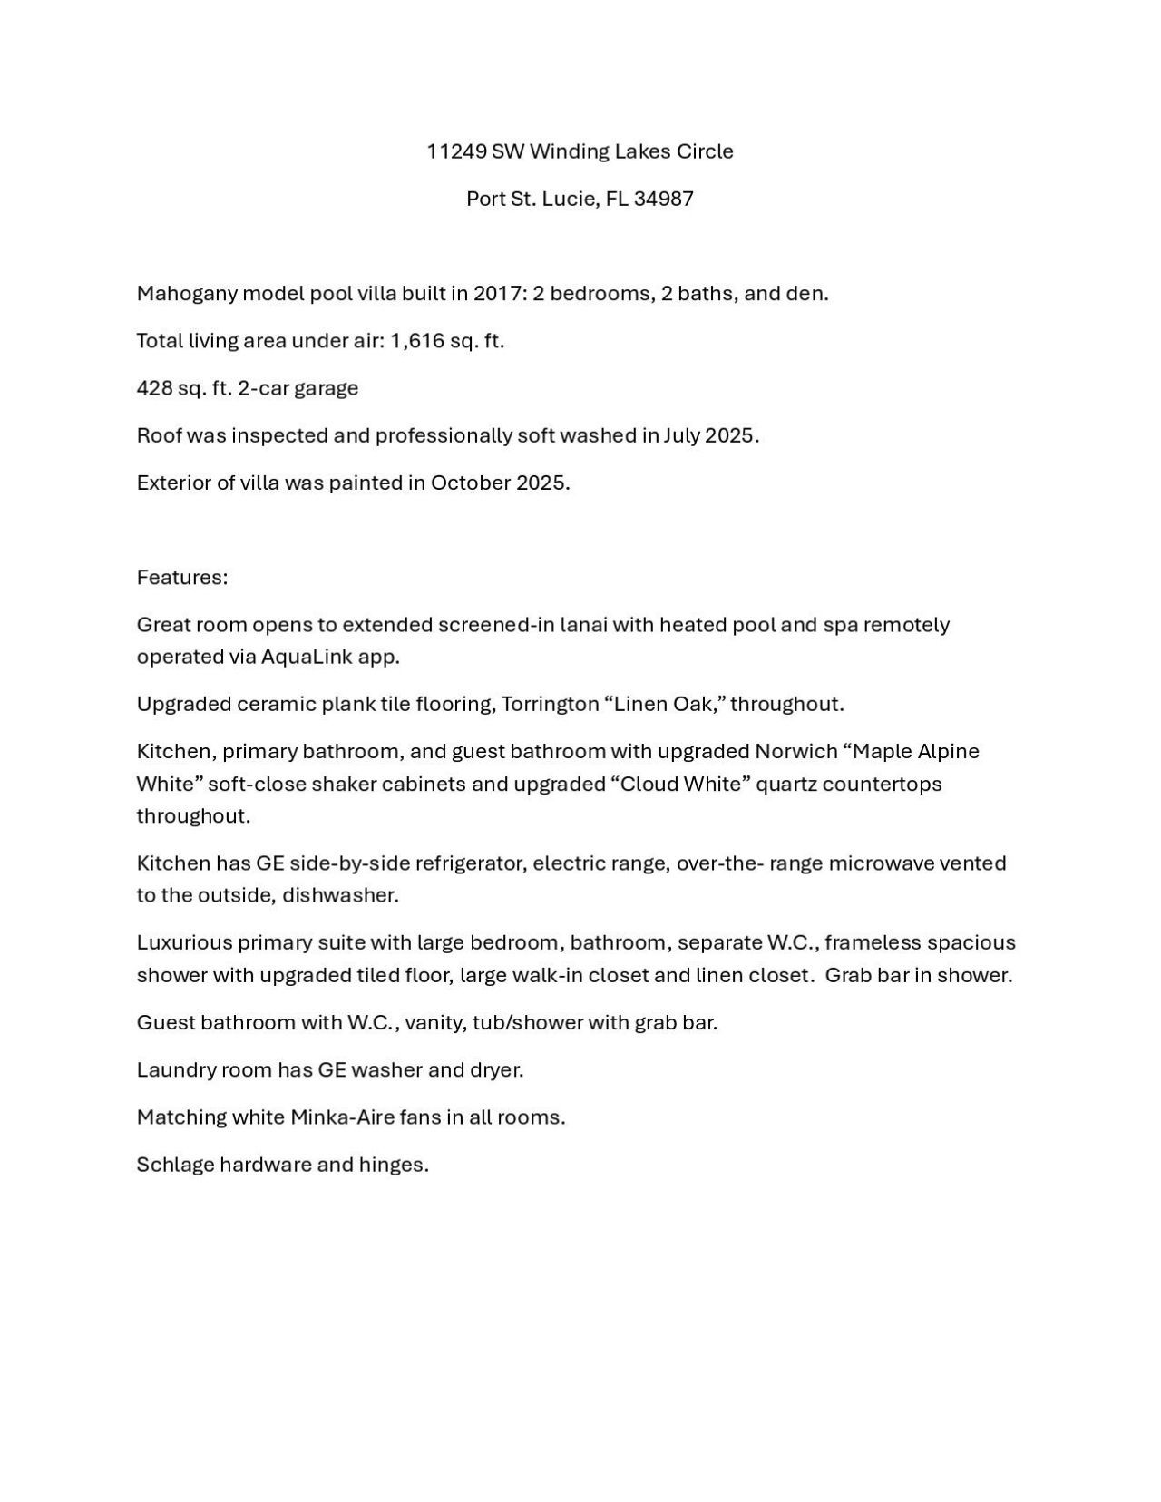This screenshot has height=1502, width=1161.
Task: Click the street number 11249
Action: click(x=456, y=151)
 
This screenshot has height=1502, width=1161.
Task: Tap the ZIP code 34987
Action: click(x=664, y=199)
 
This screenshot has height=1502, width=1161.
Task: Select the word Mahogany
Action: click(x=186, y=294)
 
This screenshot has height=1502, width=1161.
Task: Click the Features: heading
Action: click(x=182, y=578)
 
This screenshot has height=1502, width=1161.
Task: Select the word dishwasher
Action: click(x=340, y=895)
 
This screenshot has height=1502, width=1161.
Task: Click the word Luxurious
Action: click(x=184, y=942)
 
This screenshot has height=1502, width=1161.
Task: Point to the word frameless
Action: click(x=874, y=942)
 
